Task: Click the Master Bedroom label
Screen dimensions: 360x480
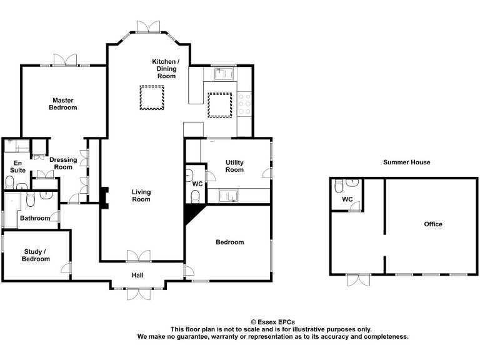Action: pyautogui.click(x=63, y=104)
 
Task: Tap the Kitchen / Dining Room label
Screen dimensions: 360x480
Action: pyautogui.click(x=166, y=68)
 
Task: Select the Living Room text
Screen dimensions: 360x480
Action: pyautogui.click(x=141, y=196)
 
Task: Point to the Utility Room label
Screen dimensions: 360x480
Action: pyautogui.click(x=234, y=166)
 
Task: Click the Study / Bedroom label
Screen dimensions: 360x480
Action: pyautogui.click(x=36, y=255)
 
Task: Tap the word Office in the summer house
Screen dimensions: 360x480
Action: pyautogui.click(x=432, y=224)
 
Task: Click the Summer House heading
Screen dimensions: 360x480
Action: pyautogui.click(x=407, y=162)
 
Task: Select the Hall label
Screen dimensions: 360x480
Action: pyautogui.click(x=137, y=275)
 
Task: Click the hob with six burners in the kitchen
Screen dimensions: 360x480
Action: pyautogui.click(x=244, y=104)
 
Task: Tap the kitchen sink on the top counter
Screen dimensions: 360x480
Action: pyautogui.click(x=223, y=75)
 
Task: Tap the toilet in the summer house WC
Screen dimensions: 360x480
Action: pyautogui.click(x=339, y=186)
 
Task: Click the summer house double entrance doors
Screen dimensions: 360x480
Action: pyautogui.click(x=359, y=279)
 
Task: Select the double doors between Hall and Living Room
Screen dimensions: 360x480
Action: pyautogui.click(x=139, y=256)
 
